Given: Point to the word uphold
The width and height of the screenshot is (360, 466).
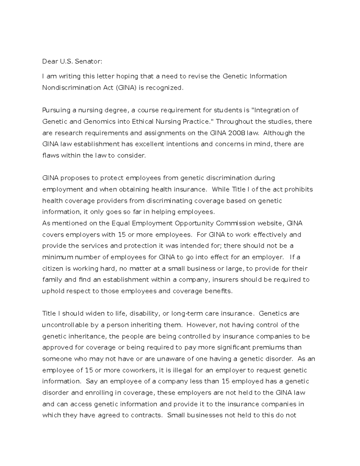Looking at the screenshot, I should pos(52,291).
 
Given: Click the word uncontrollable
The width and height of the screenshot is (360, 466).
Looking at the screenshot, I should pos(65,325).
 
